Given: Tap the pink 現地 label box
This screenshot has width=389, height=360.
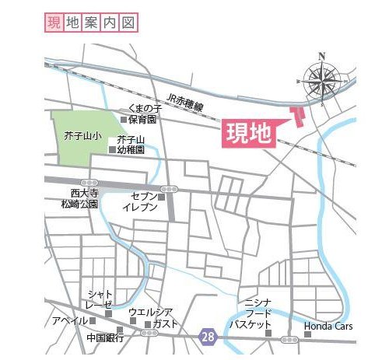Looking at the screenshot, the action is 249,133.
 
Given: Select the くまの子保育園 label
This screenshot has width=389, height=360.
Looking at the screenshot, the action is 143,114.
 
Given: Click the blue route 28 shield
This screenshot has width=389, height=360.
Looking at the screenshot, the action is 206,336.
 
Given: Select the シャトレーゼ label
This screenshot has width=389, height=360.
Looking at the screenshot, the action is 100,299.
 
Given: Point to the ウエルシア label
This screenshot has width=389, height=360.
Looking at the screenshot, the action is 150,312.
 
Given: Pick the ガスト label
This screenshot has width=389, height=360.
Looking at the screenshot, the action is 166,323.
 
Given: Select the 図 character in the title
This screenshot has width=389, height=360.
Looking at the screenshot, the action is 129,23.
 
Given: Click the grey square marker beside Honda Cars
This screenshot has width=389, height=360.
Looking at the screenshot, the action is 307,334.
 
